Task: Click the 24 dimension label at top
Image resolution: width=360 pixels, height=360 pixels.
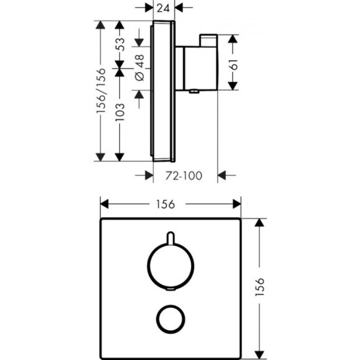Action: (163, 8)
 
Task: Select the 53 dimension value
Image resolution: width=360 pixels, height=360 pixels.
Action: (120, 44)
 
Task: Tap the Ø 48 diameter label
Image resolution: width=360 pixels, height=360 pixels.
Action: (140, 68)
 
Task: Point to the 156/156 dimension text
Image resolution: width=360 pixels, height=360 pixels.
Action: (101, 91)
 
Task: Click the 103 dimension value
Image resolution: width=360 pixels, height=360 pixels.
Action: (120, 112)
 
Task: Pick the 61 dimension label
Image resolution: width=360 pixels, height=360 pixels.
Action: (234, 65)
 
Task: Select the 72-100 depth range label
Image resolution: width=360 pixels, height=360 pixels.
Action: (184, 176)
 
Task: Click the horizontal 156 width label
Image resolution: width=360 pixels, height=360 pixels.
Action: (165, 204)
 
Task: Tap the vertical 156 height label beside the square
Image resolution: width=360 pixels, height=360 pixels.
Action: (259, 287)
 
